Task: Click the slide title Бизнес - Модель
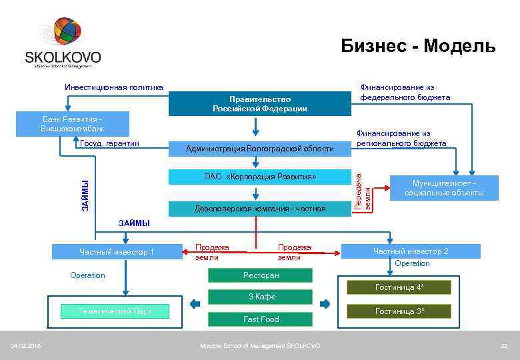click(x=418, y=45)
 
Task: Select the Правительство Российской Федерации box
click(x=259, y=103)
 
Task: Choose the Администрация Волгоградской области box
click(x=259, y=149)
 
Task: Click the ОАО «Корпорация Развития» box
click(x=259, y=177)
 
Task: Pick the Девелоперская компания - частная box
click(x=259, y=209)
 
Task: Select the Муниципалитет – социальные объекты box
click(x=444, y=188)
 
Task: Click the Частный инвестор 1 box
click(x=117, y=252)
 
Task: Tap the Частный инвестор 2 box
click(x=410, y=251)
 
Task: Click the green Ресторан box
click(x=261, y=275)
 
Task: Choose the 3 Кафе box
click(x=261, y=297)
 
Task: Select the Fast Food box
click(x=261, y=319)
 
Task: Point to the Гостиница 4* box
click(x=399, y=287)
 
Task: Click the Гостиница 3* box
click(x=399, y=311)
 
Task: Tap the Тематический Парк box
click(x=115, y=311)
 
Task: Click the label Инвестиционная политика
click(x=113, y=87)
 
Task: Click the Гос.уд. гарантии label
click(x=109, y=143)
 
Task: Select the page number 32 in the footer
click(x=504, y=345)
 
